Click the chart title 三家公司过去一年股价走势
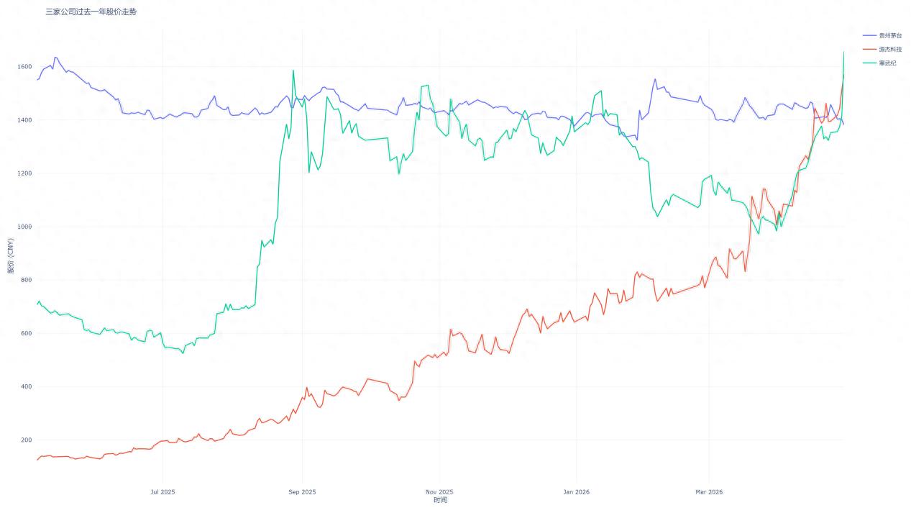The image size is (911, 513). coord(91,12)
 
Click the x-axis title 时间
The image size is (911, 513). coord(440,500)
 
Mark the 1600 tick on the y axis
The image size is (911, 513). coord(25,67)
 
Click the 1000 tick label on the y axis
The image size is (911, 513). coord(25,227)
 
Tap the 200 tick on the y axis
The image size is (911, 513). coord(27,440)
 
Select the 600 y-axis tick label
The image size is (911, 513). coord(27,333)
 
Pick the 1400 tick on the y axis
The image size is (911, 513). coord(25,120)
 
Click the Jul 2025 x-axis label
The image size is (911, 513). coord(162,492)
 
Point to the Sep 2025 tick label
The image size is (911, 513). coord(302,492)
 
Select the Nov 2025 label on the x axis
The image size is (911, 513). coord(440,492)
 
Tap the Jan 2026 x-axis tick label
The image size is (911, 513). coord(577,492)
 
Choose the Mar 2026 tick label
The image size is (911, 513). coord(709,492)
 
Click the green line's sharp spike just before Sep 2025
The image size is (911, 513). coord(293,71)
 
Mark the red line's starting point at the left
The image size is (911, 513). coord(37,460)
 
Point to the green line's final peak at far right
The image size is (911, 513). coord(843,52)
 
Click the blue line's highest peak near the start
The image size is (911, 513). coord(55,58)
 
